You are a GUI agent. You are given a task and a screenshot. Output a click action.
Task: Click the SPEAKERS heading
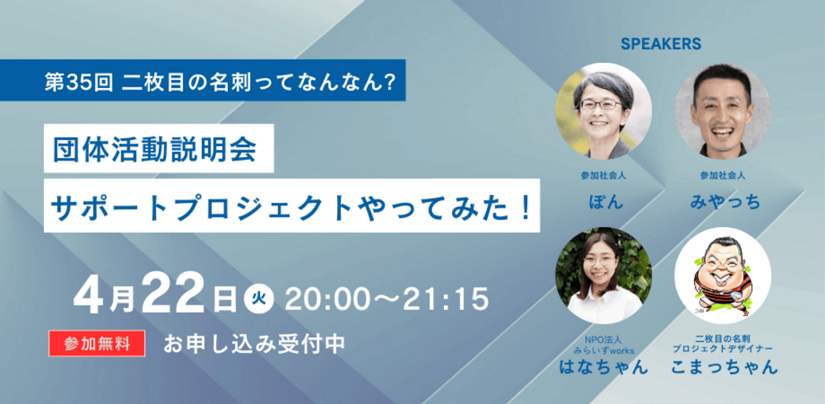[661, 44]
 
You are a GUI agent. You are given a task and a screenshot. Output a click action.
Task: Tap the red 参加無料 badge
[97, 343]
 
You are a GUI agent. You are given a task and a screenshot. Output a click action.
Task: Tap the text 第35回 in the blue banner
[79, 81]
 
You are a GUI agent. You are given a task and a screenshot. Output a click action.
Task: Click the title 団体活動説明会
[155, 148]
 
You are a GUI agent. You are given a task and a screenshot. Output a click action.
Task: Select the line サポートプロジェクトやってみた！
[291, 205]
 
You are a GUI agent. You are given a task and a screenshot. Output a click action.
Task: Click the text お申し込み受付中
[254, 343]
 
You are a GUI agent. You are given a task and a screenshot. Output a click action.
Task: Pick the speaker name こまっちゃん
[724, 365]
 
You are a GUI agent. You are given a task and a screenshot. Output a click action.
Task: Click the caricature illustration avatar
[723, 276]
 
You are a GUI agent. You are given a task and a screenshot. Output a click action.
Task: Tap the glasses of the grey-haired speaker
[600, 105]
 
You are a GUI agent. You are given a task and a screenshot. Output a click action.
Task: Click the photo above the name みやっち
[723, 111]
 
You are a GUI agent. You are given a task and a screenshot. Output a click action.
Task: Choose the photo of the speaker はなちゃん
[603, 276]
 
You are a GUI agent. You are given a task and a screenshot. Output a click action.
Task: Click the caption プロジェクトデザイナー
[724, 349]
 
